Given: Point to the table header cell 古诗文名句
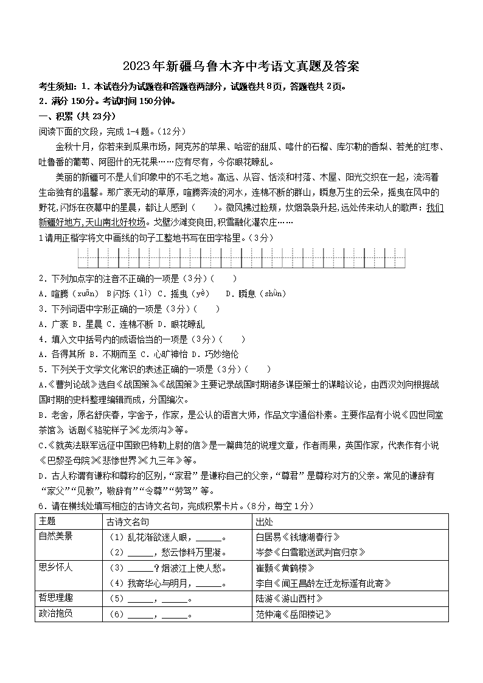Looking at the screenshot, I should (128, 521).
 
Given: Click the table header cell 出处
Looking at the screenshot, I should (264, 521).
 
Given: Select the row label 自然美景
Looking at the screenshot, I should (55, 536).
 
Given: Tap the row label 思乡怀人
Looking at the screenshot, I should (55, 567).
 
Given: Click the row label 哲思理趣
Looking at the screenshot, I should (55, 598).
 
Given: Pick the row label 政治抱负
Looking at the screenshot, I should (55, 614).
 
